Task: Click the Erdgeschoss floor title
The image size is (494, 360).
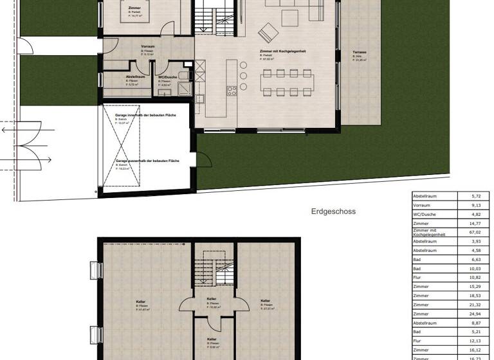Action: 333,211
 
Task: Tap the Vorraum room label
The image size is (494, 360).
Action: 147,47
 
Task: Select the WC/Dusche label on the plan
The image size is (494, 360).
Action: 167,77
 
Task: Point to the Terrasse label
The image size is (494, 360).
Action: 359,52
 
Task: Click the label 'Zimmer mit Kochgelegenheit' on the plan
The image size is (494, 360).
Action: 279,53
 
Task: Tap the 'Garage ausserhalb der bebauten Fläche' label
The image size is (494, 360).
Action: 147,161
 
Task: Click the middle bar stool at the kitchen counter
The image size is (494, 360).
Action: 244,76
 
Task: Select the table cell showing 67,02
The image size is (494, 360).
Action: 475,233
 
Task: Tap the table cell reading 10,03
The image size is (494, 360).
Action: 475,269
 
